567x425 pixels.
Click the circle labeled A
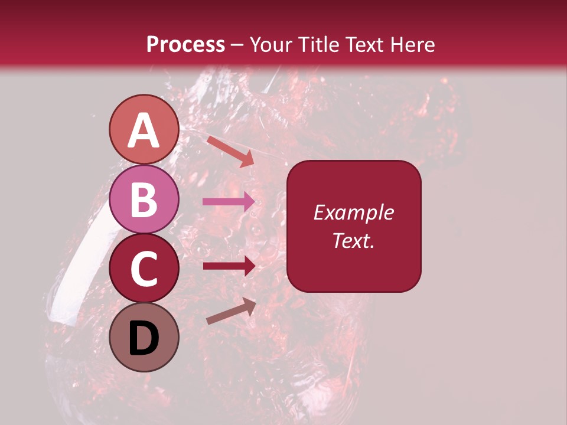[144, 130]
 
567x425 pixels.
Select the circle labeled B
[144, 199]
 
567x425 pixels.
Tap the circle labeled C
[144, 268]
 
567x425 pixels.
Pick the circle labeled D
[144, 337]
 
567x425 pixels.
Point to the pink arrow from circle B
[229, 202]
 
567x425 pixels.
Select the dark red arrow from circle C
[229, 266]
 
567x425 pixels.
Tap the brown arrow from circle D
[231, 311]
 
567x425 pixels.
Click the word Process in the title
[185, 44]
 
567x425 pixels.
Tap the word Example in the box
[353, 212]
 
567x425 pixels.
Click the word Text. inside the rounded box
[353, 240]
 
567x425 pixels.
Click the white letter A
[144, 130]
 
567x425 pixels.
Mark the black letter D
[144, 338]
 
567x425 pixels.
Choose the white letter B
[144, 200]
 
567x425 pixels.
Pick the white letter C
[144, 269]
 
